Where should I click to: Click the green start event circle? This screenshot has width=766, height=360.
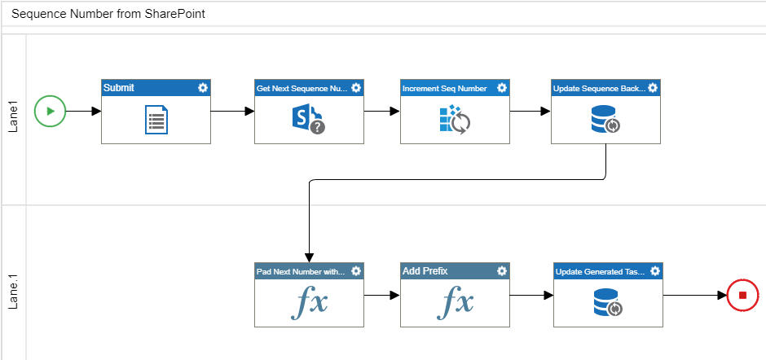click(x=50, y=111)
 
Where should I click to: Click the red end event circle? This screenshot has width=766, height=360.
click(x=742, y=295)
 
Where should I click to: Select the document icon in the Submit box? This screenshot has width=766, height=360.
click(x=156, y=120)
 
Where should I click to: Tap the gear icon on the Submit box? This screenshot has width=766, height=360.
click(x=202, y=88)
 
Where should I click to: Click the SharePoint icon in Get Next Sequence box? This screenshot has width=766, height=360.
click(x=307, y=120)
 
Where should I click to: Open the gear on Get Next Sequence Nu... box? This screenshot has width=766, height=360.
click(x=356, y=88)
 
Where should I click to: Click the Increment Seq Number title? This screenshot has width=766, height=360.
click(x=444, y=88)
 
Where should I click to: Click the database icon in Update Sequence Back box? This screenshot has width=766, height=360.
click(x=605, y=120)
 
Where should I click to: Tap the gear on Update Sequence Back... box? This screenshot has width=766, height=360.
click(x=653, y=88)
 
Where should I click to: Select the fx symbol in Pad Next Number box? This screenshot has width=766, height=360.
click(x=309, y=303)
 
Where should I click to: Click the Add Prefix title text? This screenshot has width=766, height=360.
click(x=425, y=270)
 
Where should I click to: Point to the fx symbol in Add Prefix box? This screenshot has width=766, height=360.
click(x=455, y=303)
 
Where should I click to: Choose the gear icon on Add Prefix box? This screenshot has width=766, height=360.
click(x=502, y=270)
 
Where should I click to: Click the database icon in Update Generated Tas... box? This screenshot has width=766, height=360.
click(x=607, y=303)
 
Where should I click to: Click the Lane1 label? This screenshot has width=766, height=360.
click(x=13, y=119)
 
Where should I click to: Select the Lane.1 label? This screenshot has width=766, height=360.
click(x=13, y=290)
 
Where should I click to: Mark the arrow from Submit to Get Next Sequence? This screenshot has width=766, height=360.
click(x=232, y=111)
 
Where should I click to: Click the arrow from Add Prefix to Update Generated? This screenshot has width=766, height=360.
click(x=531, y=295)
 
